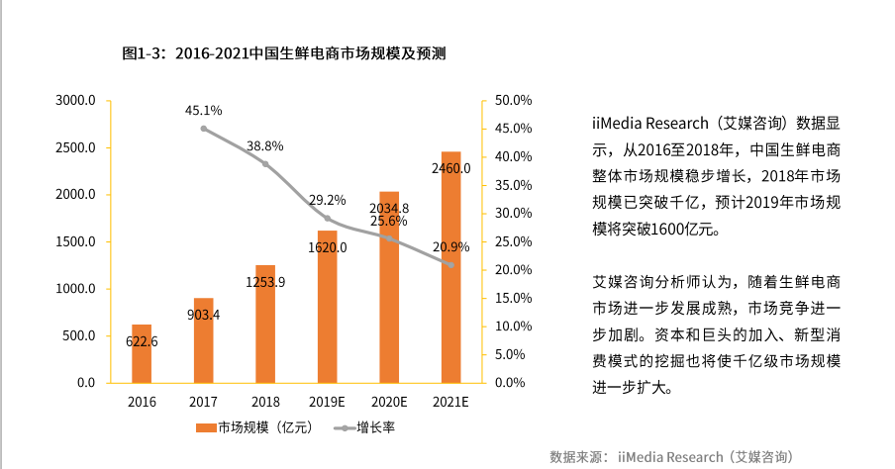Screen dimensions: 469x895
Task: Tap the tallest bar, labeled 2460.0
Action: coord(450,267)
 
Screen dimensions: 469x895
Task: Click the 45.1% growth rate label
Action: coord(203,111)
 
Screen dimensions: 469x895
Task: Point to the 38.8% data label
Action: coord(265,146)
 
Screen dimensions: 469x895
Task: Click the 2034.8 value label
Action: coord(389,209)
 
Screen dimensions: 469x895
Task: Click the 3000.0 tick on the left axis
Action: coord(75,101)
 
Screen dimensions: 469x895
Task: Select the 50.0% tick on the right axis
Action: coord(514,101)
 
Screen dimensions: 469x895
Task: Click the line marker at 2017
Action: coord(204,129)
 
